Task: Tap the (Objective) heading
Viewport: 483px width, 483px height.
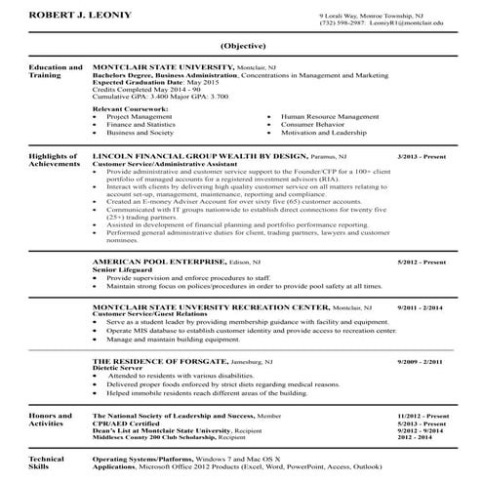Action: click(241, 47)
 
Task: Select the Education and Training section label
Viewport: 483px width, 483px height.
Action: click(55, 72)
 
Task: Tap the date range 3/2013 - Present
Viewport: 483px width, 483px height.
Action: click(421, 155)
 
